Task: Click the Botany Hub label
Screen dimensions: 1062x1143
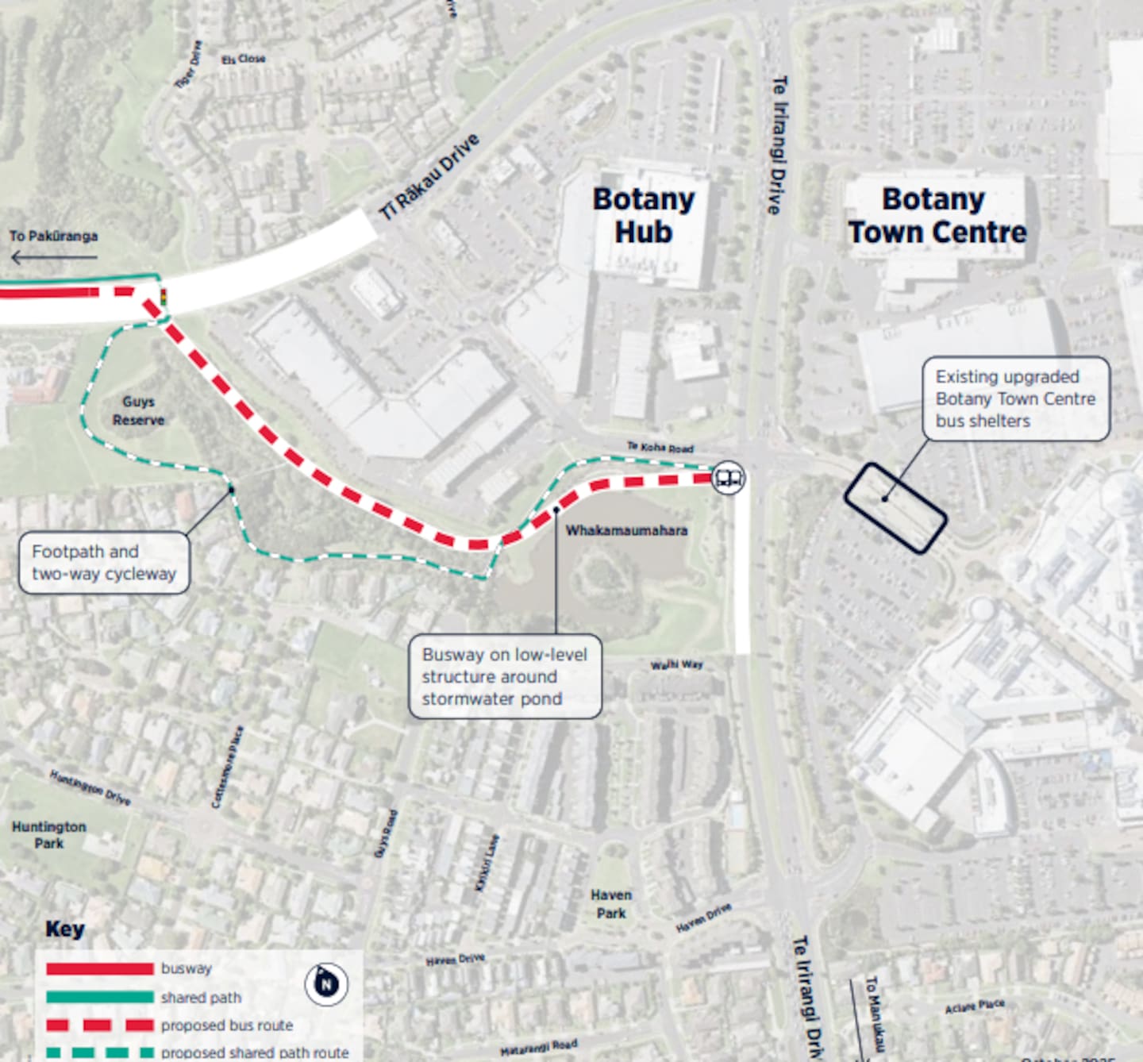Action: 643,216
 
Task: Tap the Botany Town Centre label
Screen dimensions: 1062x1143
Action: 937,216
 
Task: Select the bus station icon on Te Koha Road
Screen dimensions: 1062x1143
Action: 728,478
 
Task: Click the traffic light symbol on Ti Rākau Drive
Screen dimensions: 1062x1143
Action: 164,298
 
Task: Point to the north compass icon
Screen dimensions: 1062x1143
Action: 325,984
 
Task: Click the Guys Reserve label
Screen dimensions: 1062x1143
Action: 139,411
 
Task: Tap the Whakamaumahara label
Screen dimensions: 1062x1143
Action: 626,530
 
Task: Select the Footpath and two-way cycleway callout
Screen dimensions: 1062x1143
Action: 104,563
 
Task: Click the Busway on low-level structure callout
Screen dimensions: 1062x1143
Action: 505,677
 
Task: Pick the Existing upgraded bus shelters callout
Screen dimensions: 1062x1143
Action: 1015,398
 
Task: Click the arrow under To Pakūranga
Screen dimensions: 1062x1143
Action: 54,256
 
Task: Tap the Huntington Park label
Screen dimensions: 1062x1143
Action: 49,834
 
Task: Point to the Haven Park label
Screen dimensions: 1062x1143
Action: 611,904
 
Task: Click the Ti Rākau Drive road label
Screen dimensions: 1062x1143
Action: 429,176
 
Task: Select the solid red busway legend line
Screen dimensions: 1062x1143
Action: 100,969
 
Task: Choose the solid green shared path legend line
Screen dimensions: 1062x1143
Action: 100,997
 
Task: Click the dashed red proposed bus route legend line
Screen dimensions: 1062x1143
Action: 100,1025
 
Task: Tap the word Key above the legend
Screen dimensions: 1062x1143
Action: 65,929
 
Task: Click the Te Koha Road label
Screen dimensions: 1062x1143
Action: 660,447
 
